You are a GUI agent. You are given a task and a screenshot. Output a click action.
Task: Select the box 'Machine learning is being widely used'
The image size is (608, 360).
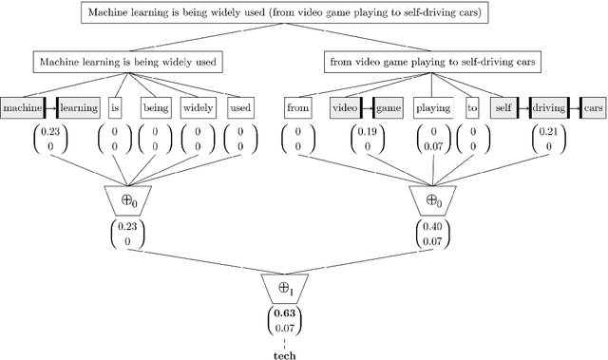point(128,63)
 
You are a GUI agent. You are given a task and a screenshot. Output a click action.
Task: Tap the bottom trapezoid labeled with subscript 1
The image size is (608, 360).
point(285,285)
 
